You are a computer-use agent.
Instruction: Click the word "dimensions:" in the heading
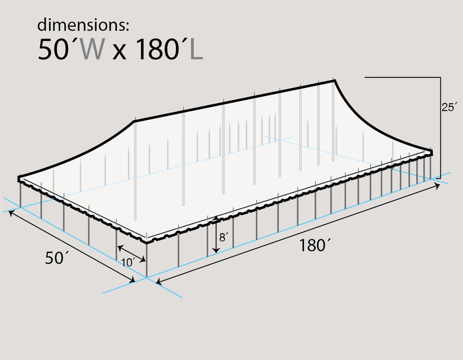83,25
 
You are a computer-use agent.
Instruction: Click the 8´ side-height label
222,237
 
